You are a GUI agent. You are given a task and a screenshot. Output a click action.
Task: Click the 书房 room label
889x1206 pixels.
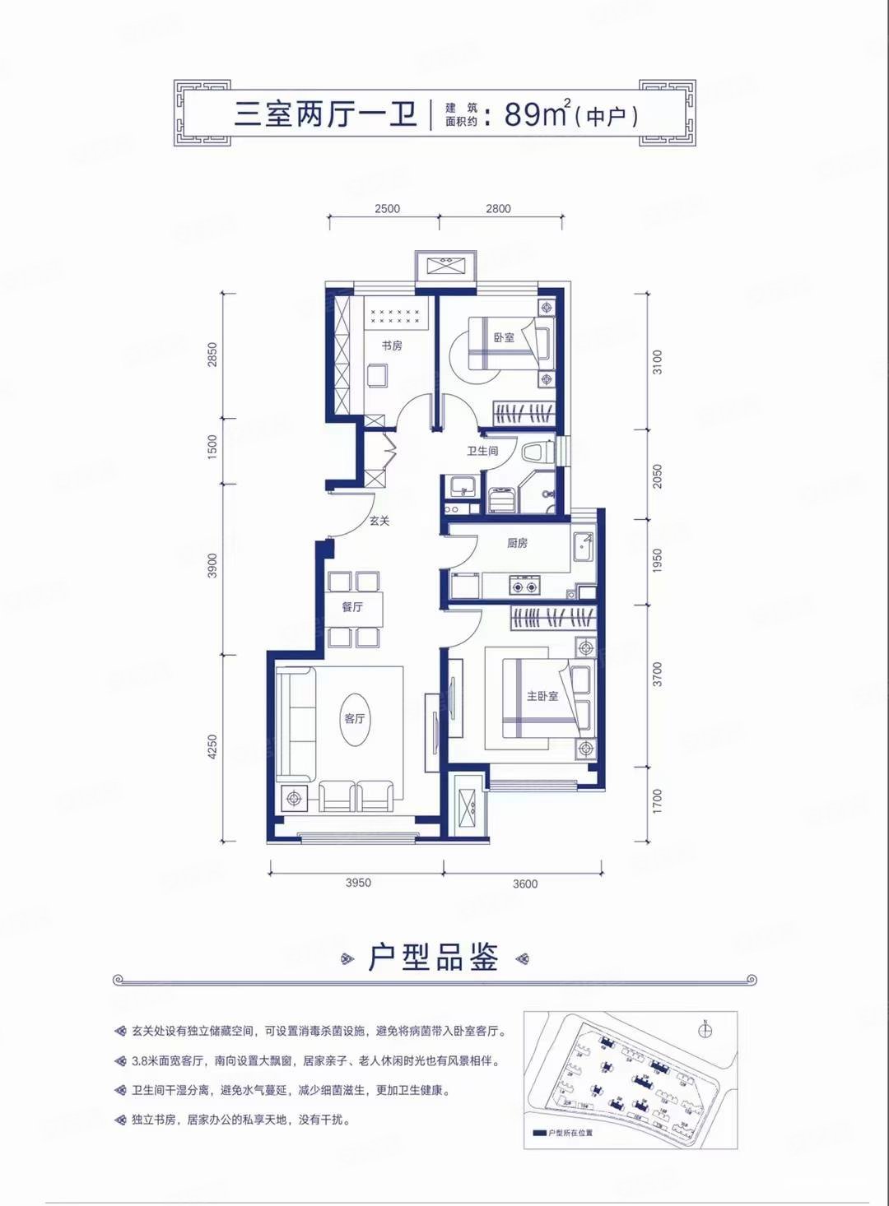click(392, 346)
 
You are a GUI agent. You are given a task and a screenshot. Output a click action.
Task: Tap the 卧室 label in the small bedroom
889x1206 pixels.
click(504, 337)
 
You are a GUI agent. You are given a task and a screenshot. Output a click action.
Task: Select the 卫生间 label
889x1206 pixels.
click(482, 451)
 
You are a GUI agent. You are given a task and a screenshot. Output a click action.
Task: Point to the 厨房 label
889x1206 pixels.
click(517, 543)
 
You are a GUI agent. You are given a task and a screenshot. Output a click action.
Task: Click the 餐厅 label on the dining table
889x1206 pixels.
click(352, 607)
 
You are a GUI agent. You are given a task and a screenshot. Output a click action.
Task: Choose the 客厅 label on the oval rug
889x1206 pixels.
click(355, 718)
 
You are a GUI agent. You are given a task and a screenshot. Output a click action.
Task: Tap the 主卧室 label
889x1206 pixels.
click(542, 696)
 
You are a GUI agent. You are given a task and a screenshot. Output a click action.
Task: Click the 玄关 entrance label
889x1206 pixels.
click(379, 521)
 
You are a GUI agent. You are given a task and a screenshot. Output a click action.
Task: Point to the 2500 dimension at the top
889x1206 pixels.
click(387, 208)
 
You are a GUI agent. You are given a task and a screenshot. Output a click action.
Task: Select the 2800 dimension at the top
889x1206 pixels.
click(498, 208)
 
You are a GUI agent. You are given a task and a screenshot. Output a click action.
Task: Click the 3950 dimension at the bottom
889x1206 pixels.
click(358, 883)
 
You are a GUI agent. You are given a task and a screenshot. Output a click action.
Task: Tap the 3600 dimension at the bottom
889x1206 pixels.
click(524, 884)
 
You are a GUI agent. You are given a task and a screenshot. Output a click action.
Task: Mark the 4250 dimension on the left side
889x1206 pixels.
click(212, 747)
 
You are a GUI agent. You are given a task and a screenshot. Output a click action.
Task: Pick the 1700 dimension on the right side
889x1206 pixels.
click(657, 801)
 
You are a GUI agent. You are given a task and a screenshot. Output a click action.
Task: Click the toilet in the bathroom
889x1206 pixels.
click(533, 453)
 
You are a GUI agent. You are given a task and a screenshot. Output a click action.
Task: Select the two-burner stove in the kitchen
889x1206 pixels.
click(524, 587)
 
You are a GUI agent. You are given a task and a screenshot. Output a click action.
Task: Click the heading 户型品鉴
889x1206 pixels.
click(434, 958)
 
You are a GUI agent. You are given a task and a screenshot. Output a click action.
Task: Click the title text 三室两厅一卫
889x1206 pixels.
click(326, 114)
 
